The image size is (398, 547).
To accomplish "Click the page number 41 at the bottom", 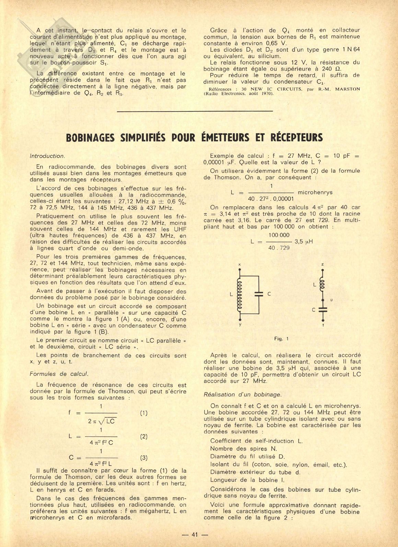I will tap(195, 535).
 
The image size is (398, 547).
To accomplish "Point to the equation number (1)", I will tap(144, 413).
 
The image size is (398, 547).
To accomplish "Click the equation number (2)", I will tap(144, 436).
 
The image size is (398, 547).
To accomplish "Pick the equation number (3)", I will tap(144, 458).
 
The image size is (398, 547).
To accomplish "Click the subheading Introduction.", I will tap(47, 156).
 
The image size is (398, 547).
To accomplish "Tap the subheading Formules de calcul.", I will tap(59, 374).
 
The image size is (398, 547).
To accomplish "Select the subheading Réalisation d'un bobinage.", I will tap(242, 394).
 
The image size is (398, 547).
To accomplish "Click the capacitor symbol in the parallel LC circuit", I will tap(259, 294).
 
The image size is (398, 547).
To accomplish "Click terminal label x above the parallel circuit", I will tap(239, 264).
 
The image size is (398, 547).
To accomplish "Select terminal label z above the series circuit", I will tap(323, 264).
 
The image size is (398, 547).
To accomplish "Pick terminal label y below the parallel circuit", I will tap(240, 324).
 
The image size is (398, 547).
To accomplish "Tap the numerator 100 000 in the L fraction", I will tap(279, 235).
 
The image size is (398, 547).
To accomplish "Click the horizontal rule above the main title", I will tap(195, 111).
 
